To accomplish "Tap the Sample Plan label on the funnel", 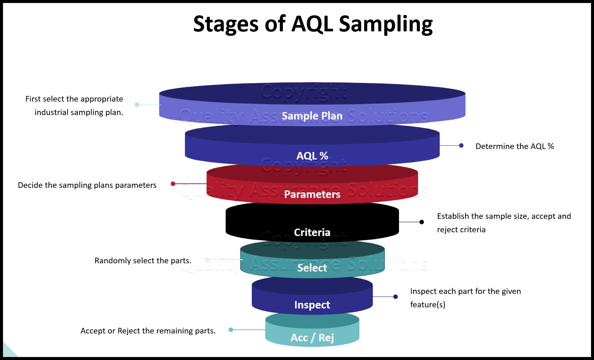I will tap(312, 116).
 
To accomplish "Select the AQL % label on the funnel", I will tap(312, 156).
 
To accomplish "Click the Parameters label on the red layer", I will tap(312, 194).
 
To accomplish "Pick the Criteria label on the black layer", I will tap(312, 232).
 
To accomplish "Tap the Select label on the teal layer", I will tap(312, 268).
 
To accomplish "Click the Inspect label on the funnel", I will tap(312, 305).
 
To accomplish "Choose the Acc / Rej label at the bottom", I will tap(312, 338).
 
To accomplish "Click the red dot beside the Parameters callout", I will tap(173, 184).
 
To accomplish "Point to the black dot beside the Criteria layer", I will tap(422, 222).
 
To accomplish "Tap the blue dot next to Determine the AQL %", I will tap(461, 146).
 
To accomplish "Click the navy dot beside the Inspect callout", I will tap(396, 297).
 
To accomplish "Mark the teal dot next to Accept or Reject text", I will tap(231, 330).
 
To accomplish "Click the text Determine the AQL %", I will tap(514, 146).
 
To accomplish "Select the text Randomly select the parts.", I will tap(143, 261).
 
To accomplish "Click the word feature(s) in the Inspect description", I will tap(428, 305).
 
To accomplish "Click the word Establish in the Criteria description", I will tap(453, 216).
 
